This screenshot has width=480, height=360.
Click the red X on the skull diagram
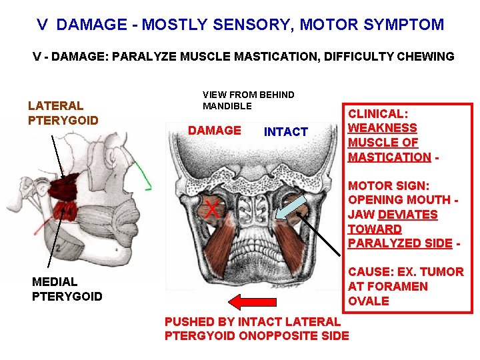(x=212, y=209)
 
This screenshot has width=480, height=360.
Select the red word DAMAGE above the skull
(x=215, y=131)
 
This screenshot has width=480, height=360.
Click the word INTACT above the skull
(x=286, y=132)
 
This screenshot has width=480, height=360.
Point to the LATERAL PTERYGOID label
(x=63, y=113)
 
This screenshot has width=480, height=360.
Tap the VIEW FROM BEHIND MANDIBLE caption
(x=248, y=100)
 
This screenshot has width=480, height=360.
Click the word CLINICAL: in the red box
(x=378, y=114)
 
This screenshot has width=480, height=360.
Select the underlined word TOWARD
(x=375, y=229)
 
